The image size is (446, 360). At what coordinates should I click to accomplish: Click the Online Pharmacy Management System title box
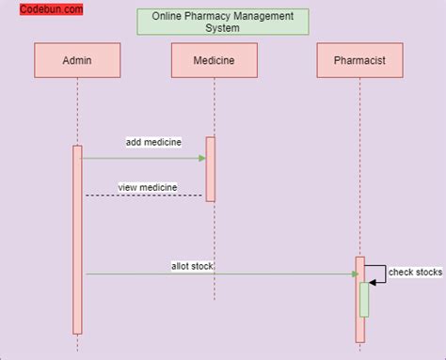point(222,22)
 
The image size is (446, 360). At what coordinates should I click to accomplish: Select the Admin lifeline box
point(77,61)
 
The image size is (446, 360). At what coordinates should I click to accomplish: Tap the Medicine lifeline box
point(214,61)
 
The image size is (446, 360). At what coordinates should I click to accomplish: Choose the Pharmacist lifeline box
point(359,61)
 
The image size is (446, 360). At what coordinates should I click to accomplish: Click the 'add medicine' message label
point(153,142)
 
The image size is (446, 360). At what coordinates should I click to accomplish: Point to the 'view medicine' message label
point(147,187)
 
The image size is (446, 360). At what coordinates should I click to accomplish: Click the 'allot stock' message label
point(192,266)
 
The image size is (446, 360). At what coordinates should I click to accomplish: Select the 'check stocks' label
point(415,273)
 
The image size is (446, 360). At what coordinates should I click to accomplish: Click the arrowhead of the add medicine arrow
point(202,158)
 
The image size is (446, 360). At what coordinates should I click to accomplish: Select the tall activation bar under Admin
point(78,239)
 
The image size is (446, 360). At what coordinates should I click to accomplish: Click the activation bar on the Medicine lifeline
point(211,169)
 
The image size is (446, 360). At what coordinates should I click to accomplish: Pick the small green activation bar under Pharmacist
point(364,299)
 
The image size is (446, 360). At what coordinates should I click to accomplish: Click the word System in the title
point(223,28)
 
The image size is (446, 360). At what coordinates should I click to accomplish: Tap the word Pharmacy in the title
point(201,16)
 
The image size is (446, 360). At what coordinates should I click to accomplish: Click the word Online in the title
point(167,16)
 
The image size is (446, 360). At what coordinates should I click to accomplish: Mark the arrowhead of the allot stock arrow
point(356,274)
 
